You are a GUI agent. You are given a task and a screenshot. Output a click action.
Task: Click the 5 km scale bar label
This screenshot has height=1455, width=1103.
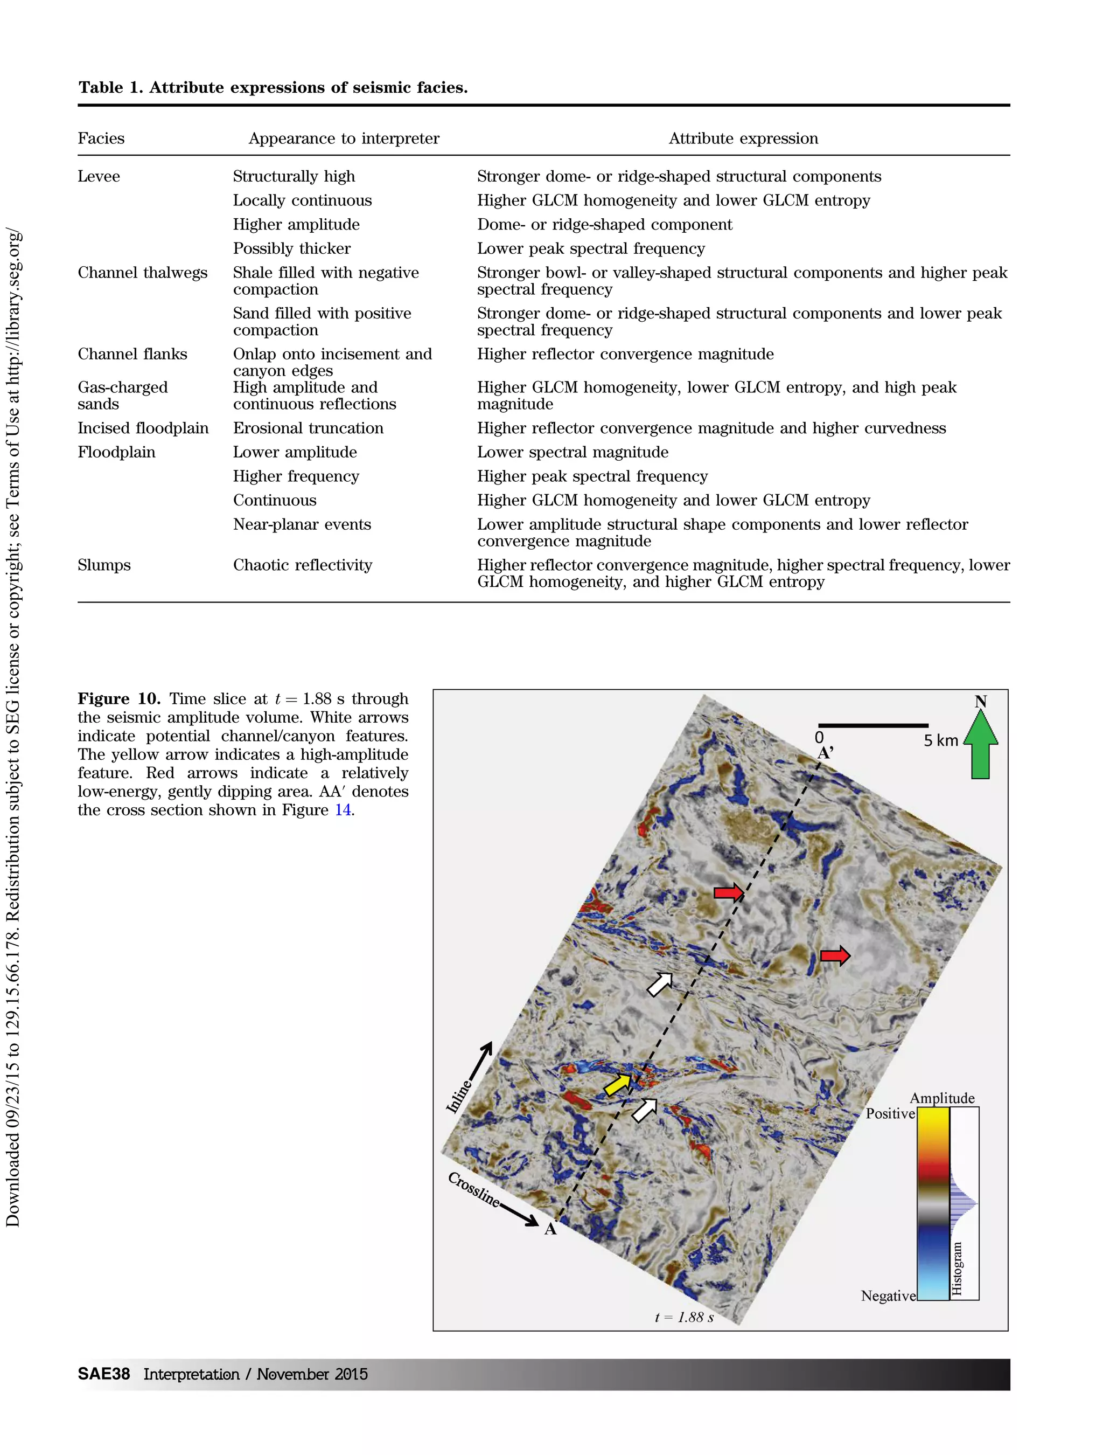941,740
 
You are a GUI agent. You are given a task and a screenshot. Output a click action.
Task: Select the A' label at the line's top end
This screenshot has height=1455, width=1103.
826,753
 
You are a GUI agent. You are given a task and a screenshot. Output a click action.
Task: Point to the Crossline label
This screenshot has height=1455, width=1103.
473,1189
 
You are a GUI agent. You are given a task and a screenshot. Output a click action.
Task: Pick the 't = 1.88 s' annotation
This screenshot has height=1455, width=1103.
683,1317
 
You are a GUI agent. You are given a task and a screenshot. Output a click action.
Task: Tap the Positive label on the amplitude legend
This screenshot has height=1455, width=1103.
890,1114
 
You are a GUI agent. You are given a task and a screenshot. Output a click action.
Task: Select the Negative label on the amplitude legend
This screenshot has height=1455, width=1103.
888,1296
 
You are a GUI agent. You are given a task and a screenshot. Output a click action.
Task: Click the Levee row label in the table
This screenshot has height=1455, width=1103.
99,176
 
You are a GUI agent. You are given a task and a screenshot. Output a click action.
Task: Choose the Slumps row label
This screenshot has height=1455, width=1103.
104,565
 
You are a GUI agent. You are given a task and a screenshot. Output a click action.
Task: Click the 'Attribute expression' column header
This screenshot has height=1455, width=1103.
743,138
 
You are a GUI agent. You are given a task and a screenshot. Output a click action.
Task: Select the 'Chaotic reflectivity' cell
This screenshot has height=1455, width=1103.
302,565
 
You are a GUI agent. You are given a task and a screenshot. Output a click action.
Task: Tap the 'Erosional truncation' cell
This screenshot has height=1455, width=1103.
308,428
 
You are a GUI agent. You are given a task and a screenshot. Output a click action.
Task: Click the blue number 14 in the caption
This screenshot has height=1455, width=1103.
343,810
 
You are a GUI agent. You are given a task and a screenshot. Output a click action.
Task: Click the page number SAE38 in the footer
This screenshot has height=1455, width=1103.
103,1374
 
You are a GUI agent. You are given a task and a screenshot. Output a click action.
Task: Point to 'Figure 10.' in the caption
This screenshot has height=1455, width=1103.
119,698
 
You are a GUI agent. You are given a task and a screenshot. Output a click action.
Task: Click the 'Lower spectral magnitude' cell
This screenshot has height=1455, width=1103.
572,453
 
